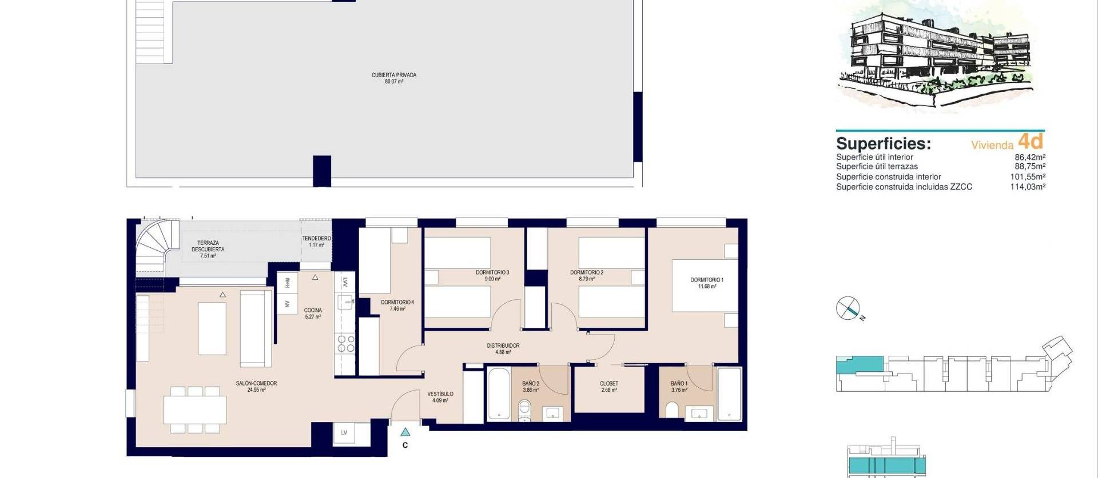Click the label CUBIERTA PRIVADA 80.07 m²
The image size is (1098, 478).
pos(393,78)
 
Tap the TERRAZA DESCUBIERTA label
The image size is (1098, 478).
pos(208,250)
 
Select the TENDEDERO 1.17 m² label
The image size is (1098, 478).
pos(316,242)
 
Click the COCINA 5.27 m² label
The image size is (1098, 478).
pos(313,314)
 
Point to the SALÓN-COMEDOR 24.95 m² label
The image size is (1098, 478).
pos(256,387)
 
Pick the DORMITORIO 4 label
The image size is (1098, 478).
pos(397,306)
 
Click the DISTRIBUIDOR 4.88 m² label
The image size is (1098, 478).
pos(503,349)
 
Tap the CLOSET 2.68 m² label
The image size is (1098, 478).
pos(609,387)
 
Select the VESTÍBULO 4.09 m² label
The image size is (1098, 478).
pos(440,397)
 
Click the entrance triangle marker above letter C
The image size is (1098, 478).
pos(405,432)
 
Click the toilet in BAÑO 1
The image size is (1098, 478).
pos(672,410)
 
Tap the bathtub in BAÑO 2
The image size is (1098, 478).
pos(499,395)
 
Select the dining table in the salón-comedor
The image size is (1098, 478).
pos(195,409)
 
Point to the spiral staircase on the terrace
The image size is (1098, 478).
pos(151,248)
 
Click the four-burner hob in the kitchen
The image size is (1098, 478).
pos(345,343)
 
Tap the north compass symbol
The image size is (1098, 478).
pos(848,308)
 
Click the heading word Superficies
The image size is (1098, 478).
pos(883,143)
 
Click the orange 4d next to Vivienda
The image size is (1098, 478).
pos(1031,141)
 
